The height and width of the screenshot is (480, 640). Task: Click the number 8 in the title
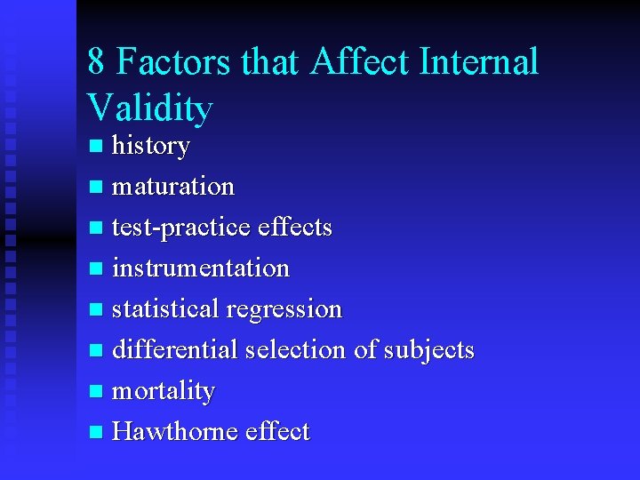click(97, 63)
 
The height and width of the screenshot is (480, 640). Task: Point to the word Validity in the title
click(150, 108)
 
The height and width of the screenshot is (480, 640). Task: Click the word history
click(150, 146)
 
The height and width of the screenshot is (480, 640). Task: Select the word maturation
click(173, 187)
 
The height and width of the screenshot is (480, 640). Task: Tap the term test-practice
click(182, 228)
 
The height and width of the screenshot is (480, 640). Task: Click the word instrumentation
click(201, 268)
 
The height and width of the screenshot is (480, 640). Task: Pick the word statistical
click(165, 309)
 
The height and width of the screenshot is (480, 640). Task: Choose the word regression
click(284, 309)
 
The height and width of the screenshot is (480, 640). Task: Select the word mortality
click(164, 391)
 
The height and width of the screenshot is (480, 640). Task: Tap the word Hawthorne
click(172, 432)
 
